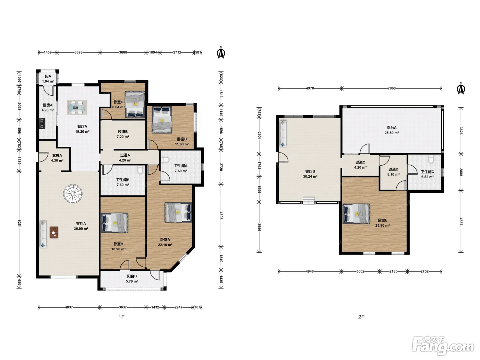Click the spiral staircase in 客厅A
coord(73,194)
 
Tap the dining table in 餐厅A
coord(77,108)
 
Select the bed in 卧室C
coord(135,105)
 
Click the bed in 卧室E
coord(356,214)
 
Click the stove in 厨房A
coord(42,123)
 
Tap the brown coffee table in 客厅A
coord(54,232)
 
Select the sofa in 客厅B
coord(283,134)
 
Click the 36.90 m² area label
coord(81,229)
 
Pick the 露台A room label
coord(392,128)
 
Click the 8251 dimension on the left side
coord(19,224)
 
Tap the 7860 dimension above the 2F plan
coord(392,88)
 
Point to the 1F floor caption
coord(121,317)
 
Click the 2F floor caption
coord(361,317)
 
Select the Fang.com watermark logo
coord(443,346)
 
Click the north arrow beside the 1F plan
coord(221,53)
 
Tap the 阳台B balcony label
coord(132,276)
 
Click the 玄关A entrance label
coord(57,155)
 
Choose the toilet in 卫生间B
coord(141,169)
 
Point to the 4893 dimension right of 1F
coord(221,215)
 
